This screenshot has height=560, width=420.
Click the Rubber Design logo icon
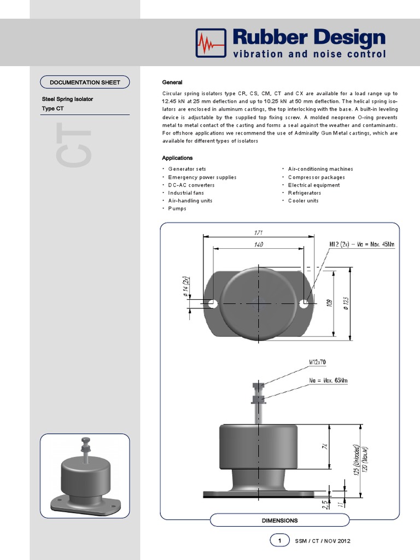(211, 43)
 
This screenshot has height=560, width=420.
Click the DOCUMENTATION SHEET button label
(85, 83)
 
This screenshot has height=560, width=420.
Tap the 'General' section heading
(172, 83)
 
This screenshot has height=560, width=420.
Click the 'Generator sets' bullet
(187, 170)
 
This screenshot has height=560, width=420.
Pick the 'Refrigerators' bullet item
(305, 193)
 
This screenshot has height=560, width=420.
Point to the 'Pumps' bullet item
(177, 208)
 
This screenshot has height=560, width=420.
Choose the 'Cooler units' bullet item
(304, 201)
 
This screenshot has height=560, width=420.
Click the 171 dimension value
(258, 232)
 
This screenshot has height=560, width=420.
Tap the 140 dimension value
(258, 244)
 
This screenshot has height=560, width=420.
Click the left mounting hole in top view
(212, 302)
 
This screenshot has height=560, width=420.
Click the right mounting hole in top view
(305, 302)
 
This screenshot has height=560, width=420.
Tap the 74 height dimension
(323, 447)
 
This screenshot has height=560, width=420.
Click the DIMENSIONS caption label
(279, 521)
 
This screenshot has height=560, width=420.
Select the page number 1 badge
(279, 541)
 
